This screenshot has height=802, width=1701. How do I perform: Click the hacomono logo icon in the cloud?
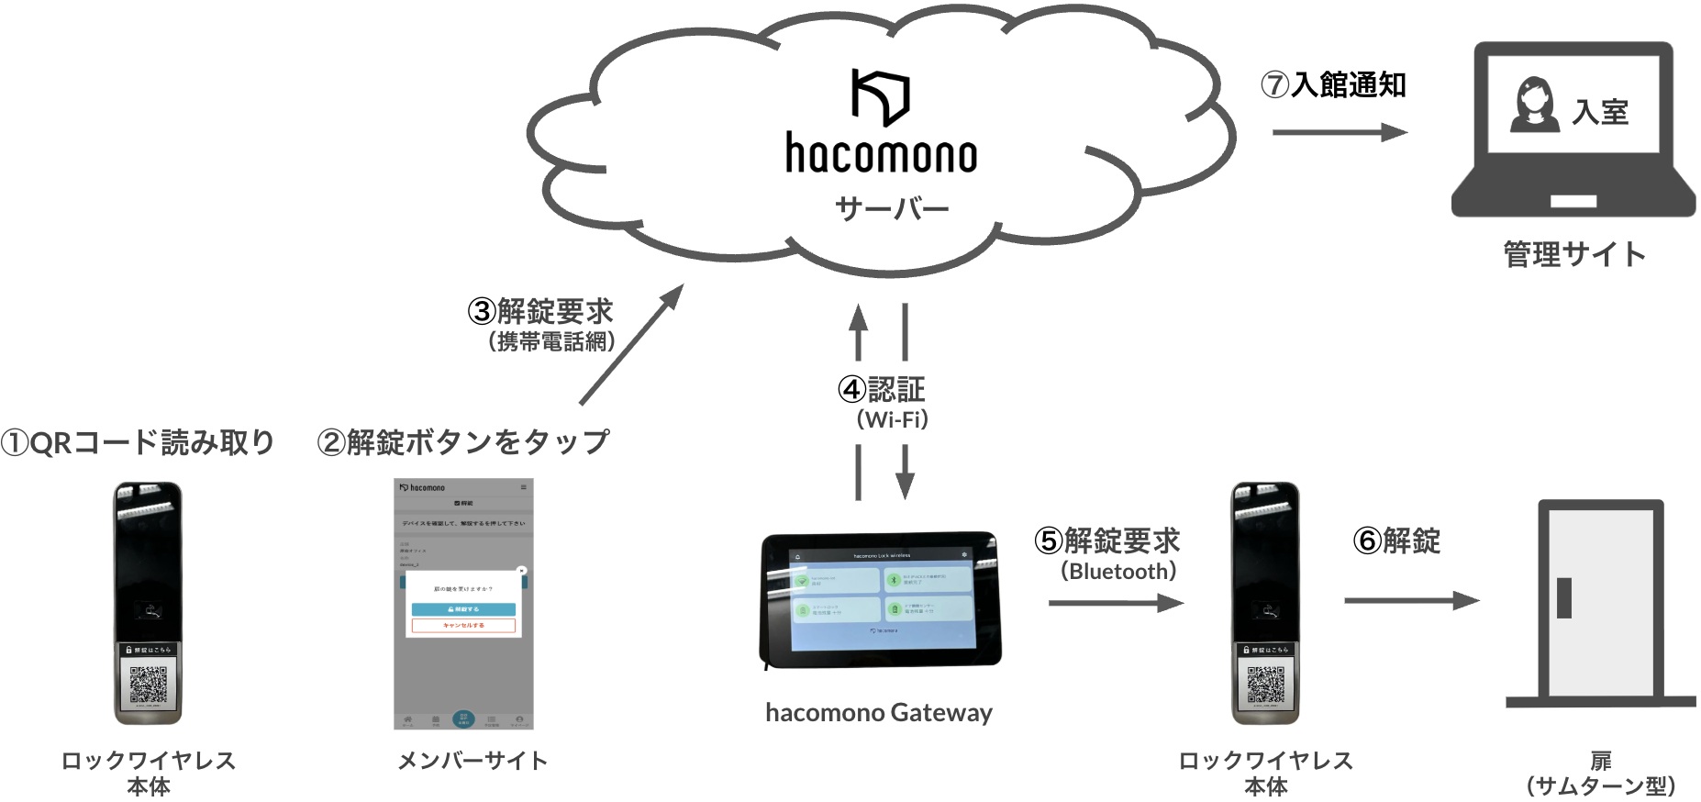pos(880,96)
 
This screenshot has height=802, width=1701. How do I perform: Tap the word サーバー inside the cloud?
pos(891,209)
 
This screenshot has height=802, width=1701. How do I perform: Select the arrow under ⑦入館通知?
pos(1339,132)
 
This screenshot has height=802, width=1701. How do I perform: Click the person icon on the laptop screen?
pos(1534,105)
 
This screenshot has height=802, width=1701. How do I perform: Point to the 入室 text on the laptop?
pos(1600,112)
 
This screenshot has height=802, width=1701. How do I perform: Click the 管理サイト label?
pos(1573,254)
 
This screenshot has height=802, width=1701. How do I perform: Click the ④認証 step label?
pos(882,389)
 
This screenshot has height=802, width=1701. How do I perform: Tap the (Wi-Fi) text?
pos(892,419)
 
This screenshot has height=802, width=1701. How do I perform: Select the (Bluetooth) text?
pos(1117,571)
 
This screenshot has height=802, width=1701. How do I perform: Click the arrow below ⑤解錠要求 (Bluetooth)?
pos(1115,603)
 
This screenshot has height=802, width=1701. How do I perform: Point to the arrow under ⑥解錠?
pos(1411,601)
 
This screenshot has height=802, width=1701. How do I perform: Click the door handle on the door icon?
pos(1564,597)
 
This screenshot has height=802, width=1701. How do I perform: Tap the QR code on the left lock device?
pos(148,685)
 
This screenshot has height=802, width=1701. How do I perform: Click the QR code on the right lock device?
pos(1265,685)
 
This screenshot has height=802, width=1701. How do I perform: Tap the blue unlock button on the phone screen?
pos(463,609)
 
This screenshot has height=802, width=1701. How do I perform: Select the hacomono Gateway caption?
pos(878,712)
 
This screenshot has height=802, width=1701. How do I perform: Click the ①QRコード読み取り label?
pos(138,442)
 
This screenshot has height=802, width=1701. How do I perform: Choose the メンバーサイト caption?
pos(472,761)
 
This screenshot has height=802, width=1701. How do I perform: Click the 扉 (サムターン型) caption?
pos(1600,774)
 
